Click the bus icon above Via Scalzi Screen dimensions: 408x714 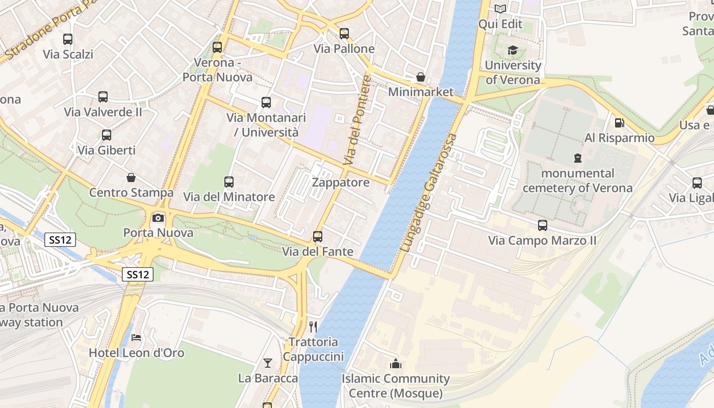[x=67, y=39]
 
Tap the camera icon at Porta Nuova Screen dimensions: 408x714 [x=158, y=218]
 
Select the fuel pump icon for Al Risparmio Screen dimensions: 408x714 [x=619, y=122]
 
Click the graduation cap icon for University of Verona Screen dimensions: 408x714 [x=513, y=50]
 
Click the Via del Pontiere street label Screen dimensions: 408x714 [x=357, y=120]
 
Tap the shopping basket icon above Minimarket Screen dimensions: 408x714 [x=421, y=77]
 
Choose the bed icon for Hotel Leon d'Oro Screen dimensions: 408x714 [x=136, y=337]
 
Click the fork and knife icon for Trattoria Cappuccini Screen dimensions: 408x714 [x=313, y=326]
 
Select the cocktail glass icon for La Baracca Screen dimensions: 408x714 [x=268, y=363]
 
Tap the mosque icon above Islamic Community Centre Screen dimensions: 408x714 [x=395, y=364]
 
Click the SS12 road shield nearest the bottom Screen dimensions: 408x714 [x=138, y=274]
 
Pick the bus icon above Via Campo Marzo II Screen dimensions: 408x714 [x=542, y=225]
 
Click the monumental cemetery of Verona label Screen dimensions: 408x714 [x=577, y=181]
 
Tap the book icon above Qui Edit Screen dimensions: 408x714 [x=500, y=9]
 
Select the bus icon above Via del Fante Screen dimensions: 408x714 [x=318, y=236]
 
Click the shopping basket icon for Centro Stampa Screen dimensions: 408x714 [x=131, y=177]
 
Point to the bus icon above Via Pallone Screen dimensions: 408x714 [x=344, y=34]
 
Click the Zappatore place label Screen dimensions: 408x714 [x=341, y=183]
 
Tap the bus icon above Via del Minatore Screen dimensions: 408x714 [x=229, y=182]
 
